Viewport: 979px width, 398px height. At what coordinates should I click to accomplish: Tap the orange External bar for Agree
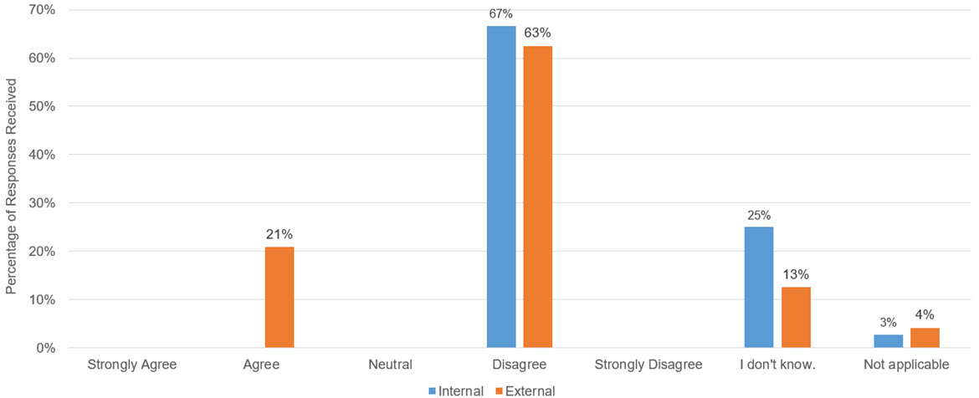coord(279,297)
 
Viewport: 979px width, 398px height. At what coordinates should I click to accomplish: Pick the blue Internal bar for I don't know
coord(758,287)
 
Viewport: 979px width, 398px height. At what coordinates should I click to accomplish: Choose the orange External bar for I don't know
coord(795,317)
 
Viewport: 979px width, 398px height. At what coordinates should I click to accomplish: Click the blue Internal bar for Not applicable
coord(888,341)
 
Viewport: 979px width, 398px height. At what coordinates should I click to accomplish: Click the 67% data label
coord(501,13)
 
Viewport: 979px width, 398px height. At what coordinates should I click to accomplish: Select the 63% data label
coord(538,33)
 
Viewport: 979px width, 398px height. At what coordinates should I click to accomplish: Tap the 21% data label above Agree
coord(279,234)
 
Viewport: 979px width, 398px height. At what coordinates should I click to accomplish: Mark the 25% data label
coord(758,215)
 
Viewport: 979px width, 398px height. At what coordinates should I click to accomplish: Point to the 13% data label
coord(796,274)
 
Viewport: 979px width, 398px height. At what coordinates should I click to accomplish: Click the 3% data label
coord(888,323)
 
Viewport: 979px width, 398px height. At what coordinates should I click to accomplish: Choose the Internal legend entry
coord(455,390)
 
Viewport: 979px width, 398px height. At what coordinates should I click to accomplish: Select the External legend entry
coord(525,390)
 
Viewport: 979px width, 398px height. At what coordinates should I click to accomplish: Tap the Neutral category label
coord(390,365)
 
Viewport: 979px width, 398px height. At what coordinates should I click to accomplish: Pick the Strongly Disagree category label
coord(648,365)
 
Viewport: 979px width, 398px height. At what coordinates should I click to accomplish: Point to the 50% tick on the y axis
coord(42,107)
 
